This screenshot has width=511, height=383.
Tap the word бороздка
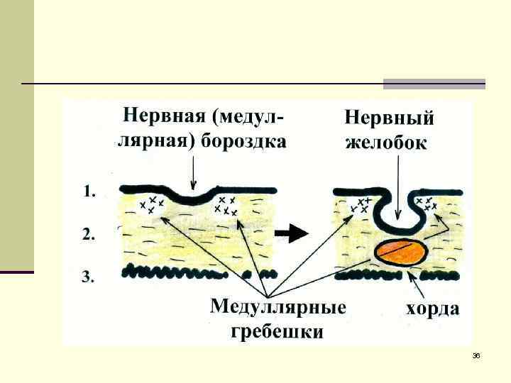[x=243, y=141]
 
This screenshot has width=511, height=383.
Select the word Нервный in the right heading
[x=390, y=118]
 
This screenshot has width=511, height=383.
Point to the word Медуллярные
[x=278, y=308]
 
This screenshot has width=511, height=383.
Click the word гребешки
[x=278, y=331]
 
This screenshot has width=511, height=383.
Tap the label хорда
[x=432, y=309]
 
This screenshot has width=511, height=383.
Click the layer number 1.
[x=89, y=191]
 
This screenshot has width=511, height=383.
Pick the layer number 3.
[x=89, y=277]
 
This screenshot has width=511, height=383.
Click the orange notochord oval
[x=402, y=251]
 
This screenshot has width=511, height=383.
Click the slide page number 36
[x=476, y=355]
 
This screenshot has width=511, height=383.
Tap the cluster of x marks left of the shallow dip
[x=151, y=205]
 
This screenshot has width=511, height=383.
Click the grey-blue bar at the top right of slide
[x=434, y=84]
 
